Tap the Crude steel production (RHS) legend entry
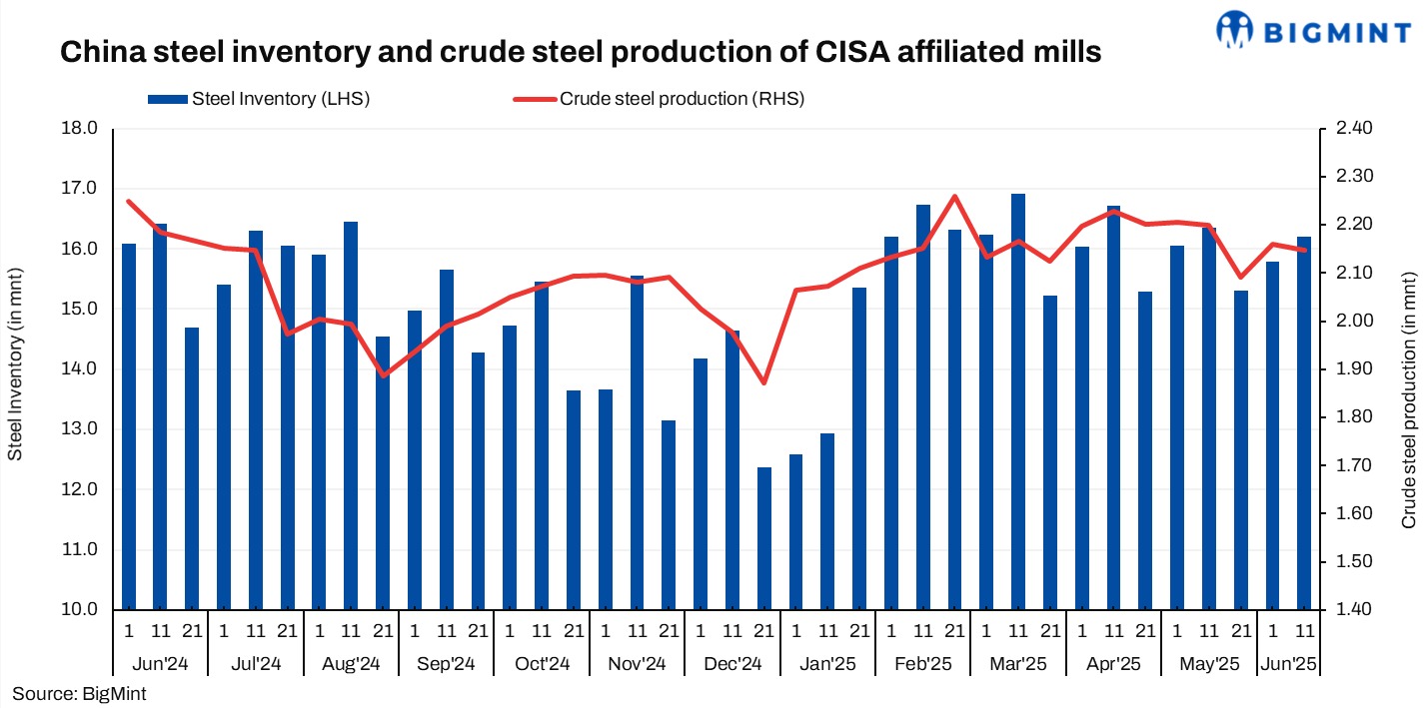coord(660,98)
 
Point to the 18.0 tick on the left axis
coord(79,129)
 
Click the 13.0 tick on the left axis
coord(79,429)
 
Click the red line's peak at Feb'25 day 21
coord(955,196)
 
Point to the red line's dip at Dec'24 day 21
coord(764,382)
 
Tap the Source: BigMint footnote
coord(79,693)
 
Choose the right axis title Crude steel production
coord(1408,399)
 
